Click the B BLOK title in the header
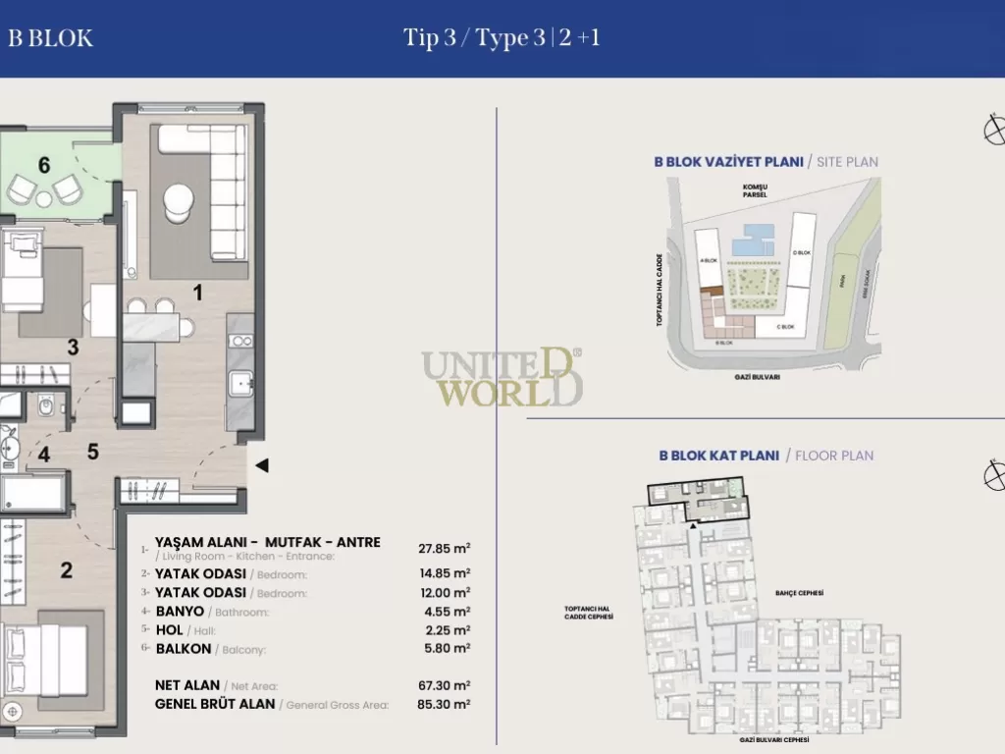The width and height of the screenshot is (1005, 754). coord(50,38)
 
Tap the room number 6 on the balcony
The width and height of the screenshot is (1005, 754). coord(44,165)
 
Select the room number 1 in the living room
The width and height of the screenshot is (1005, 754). coord(196,292)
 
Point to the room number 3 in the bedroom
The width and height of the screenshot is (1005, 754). coord(73,346)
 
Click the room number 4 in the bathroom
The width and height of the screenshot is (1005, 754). coord(44,455)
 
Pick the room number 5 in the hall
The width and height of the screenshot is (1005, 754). coord(92,452)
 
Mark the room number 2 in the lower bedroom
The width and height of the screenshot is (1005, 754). coord(66,570)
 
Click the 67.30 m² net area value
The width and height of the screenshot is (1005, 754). coord(444,685)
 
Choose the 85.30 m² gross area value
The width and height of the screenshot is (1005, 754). coord(444,704)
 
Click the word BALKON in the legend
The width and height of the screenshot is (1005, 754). coord(184,649)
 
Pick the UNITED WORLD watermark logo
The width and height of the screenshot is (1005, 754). coord(502,378)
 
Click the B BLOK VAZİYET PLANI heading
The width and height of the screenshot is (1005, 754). coord(728,162)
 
